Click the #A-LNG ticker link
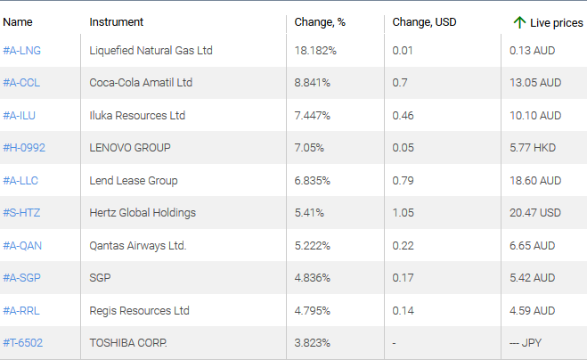click(22, 51)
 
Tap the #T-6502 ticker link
click(23, 343)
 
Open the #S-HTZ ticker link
click(22, 213)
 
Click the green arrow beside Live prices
click(519, 22)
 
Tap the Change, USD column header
click(424, 22)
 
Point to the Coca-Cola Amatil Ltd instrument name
click(141, 83)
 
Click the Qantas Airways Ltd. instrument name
click(138, 246)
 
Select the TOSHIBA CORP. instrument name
click(128, 343)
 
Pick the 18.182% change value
click(315, 51)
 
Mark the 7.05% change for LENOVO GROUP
click(309, 148)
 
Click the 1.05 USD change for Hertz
click(403, 213)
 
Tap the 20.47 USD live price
click(536, 213)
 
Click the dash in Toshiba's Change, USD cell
click(395, 343)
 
